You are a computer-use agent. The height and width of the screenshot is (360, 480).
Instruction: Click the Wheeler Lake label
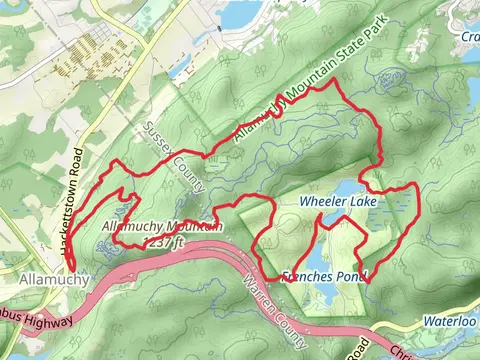[337, 202]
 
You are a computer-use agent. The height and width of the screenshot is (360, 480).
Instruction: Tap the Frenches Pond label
[324, 275]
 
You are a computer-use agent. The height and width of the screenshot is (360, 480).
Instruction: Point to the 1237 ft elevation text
[164, 241]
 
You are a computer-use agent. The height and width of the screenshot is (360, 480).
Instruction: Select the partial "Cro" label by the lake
[470, 37]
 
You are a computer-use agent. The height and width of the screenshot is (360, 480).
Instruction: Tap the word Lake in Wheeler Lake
[361, 202]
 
